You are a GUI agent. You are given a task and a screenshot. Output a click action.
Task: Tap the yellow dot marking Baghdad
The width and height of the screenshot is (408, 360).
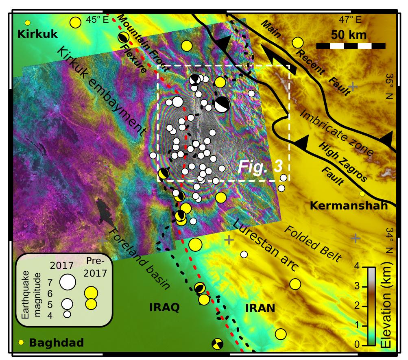(x=21, y=343)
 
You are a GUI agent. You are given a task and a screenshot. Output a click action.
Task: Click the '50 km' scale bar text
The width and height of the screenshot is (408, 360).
(x=349, y=35)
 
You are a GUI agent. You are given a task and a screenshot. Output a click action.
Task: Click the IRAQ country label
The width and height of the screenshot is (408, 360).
(x=164, y=307)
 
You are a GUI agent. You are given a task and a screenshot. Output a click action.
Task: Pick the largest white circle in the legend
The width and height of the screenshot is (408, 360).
(x=68, y=281)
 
